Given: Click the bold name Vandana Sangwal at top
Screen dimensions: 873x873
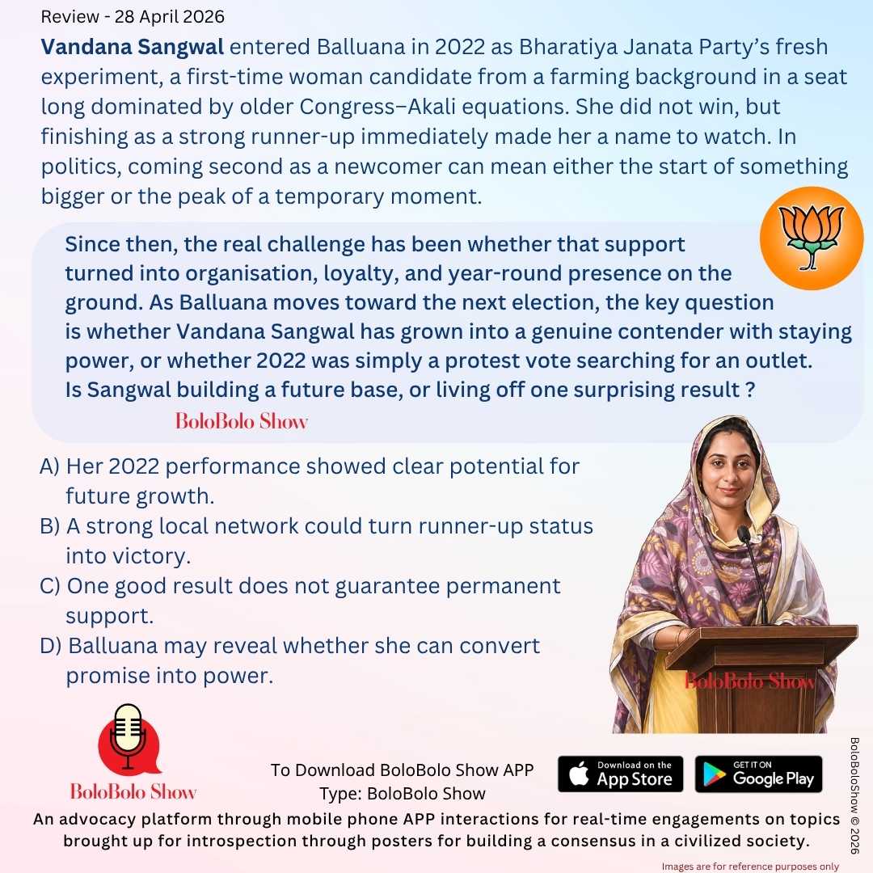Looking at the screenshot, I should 133,47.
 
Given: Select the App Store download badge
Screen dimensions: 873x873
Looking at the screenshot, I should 620,774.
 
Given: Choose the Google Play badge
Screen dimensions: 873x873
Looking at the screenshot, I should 758,774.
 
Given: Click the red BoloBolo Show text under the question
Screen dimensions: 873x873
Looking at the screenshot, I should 241,421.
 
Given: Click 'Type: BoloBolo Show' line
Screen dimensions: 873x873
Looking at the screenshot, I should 402,793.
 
